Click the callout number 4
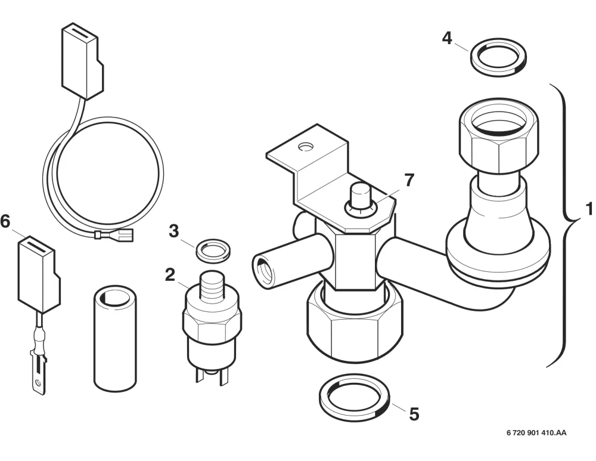tap(448, 38)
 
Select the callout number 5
tap(414, 414)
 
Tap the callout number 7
tap(409, 180)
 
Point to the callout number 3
tap(173, 231)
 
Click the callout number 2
tap(170, 275)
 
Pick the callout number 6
tap(5, 221)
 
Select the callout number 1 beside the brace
tap(589, 209)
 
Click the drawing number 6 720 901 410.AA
tap(536, 432)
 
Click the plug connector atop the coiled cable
tap(82, 61)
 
